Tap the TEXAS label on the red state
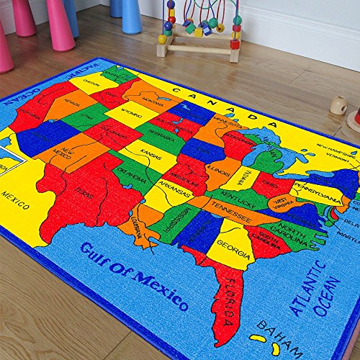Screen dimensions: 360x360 84,193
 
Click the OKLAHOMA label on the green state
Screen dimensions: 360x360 132,174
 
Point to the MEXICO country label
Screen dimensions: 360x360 14,195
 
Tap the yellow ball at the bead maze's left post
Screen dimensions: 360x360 163,39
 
